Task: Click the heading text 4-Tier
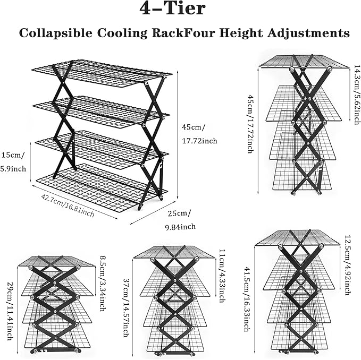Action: (172, 9)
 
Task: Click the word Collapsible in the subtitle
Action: (56, 33)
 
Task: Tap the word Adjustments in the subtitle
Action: (308, 33)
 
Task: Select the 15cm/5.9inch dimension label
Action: (13, 162)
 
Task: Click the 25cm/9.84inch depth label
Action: (180, 220)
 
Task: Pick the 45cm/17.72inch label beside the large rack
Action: (199, 134)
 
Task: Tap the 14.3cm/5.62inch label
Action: (356, 95)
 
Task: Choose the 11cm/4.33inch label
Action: (222, 276)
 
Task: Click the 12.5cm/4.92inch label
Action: (347, 265)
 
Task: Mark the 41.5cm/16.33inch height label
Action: (247, 299)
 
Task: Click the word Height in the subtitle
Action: (240, 33)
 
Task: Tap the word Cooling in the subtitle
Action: (122, 33)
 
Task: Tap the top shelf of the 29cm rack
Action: (56, 261)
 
